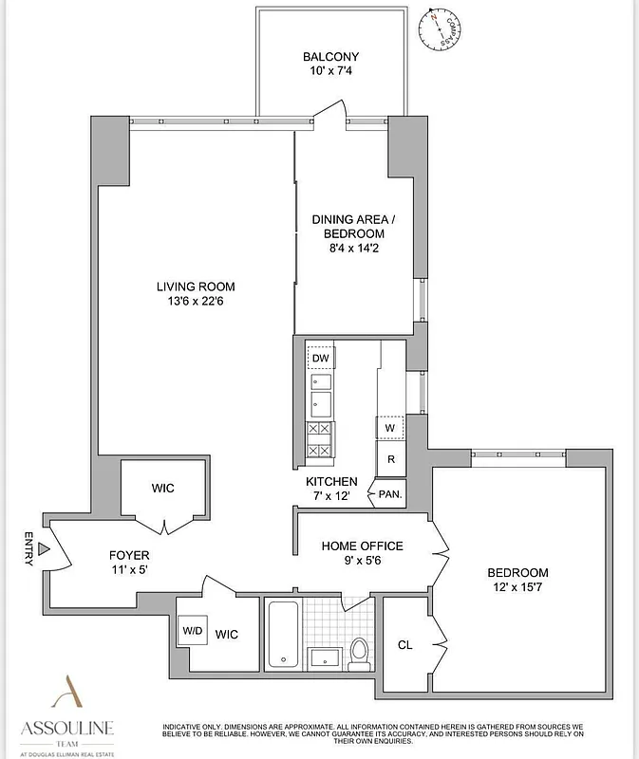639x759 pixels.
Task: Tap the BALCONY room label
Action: tap(330, 57)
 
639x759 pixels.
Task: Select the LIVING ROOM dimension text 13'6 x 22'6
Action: tap(197, 303)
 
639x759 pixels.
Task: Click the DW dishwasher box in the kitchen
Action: tap(321, 358)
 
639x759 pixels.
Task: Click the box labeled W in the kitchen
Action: tap(389, 428)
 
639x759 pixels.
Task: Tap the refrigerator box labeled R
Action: tap(389, 460)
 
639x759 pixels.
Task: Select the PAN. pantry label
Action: tap(389, 494)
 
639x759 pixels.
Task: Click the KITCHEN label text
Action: tap(325, 482)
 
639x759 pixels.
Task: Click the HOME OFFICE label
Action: tap(362, 546)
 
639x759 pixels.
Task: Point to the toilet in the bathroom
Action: tap(360, 652)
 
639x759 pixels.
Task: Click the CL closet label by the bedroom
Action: tap(405, 645)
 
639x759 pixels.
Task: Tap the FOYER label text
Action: tap(128, 555)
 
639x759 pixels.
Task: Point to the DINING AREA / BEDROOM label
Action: tap(348, 226)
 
